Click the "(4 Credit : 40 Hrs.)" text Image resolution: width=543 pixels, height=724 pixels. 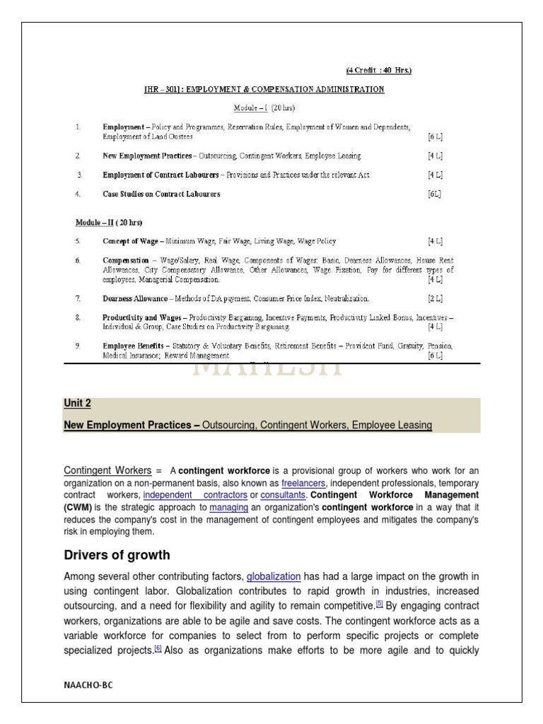(x=378, y=71)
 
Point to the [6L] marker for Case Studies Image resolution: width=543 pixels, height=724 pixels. (x=434, y=193)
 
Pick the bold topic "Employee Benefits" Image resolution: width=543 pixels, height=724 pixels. (x=135, y=346)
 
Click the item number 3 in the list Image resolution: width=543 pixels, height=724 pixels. (x=80, y=175)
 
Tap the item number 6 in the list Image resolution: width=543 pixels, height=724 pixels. (x=78, y=261)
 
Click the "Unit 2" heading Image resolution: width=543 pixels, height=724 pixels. (x=78, y=404)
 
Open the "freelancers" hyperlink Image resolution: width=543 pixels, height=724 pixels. (x=303, y=482)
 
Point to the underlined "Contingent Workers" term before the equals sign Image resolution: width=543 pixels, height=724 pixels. (x=107, y=470)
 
